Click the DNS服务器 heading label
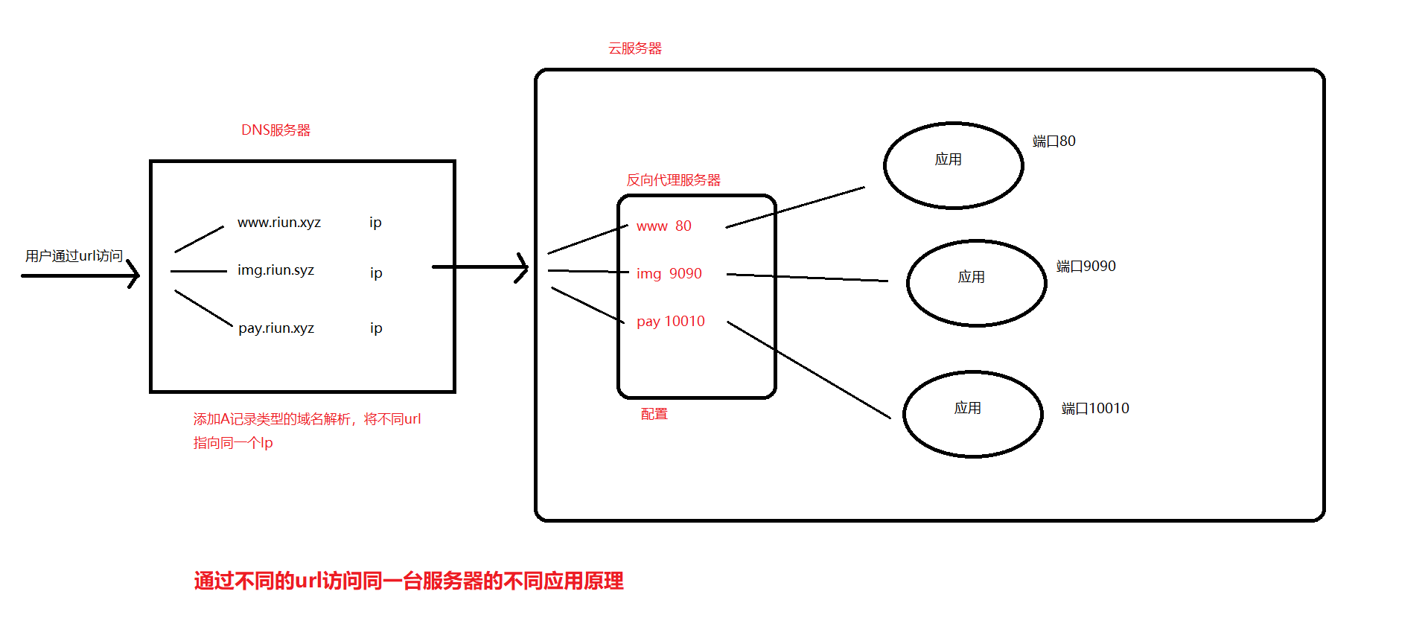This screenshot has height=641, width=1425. point(275,130)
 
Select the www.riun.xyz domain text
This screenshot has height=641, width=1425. point(279,223)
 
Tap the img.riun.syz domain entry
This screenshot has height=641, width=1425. point(275,270)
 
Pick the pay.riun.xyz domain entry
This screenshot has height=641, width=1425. point(276,328)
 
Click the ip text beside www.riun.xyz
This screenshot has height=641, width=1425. point(375,223)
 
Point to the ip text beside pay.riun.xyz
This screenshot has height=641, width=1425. point(376,328)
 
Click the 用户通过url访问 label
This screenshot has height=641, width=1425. point(74,256)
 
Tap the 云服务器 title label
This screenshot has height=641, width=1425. point(635,48)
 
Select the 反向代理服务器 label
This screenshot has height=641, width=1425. point(673,180)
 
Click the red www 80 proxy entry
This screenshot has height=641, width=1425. point(663,226)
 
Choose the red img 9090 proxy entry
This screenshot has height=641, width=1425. point(669,274)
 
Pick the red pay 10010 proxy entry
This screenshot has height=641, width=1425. point(670,322)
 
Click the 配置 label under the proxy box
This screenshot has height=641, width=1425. point(654,414)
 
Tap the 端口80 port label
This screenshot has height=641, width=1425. point(1053,141)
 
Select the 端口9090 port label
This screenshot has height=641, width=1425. point(1086,267)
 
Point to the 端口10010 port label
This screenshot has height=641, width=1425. point(1094,409)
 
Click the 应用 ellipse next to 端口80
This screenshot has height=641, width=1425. point(953,165)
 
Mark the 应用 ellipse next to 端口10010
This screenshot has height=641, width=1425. point(972,414)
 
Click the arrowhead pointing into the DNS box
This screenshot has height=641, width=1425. point(134,275)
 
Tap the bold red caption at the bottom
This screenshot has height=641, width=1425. point(409,581)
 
